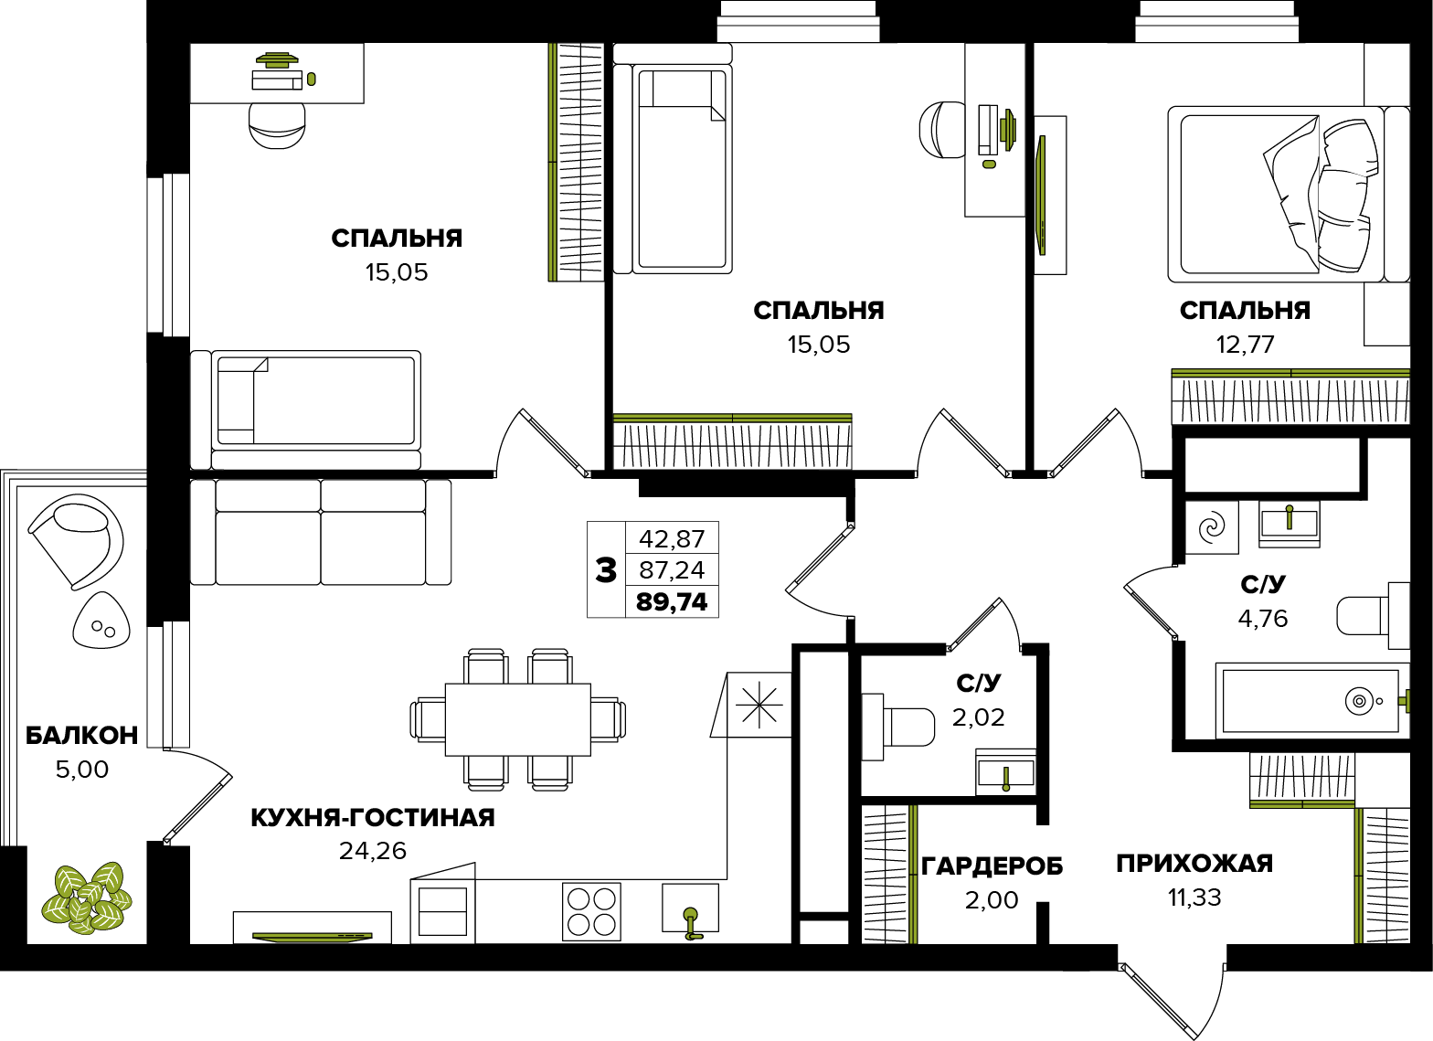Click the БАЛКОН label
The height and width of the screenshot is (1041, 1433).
(x=82, y=736)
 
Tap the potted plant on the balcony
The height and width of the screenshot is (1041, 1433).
(x=86, y=898)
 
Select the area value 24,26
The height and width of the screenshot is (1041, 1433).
(x=373, y=851)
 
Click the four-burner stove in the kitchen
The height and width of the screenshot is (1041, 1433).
(x=591, y=912)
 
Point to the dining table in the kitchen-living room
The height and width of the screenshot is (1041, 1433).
(x=518, y=719)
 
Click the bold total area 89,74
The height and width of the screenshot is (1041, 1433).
(x=672, y=602)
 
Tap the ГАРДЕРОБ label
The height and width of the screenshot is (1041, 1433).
(x=992, y=866)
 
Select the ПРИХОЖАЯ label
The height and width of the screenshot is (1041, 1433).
(x=1195, y=864)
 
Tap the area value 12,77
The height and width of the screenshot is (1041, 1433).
(x=1245, y=345)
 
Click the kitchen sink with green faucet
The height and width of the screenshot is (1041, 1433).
(x=690, y=911)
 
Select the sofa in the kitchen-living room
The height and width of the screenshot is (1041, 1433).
(x=321, y=532)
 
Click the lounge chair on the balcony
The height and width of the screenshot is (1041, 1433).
(x=76, y=541)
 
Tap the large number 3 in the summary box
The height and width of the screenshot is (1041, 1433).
(x=606, y=570)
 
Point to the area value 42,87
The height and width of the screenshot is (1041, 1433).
(x=672, y=539)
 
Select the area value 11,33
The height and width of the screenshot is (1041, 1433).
(x=1195, y=898)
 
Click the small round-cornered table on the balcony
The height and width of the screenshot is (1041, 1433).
(x=101, y=620)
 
